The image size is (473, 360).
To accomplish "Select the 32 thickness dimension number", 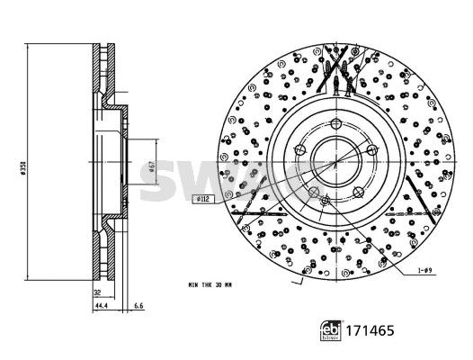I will click(96, 292).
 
